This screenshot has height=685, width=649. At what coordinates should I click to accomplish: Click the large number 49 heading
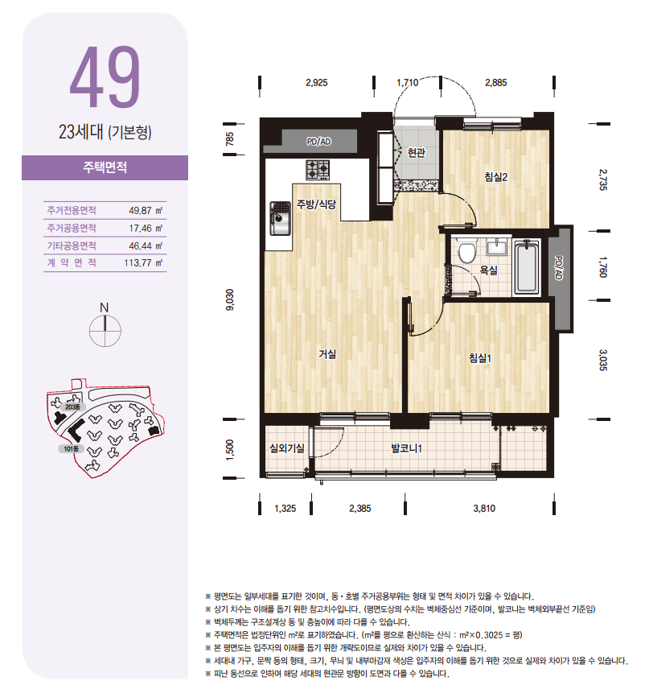point(105,77)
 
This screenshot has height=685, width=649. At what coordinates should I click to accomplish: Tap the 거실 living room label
point(327,354)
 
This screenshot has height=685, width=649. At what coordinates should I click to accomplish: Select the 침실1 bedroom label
point(480,358)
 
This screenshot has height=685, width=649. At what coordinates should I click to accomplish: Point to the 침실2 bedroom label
point(496,177)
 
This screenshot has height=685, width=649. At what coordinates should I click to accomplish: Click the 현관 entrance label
point(416,152)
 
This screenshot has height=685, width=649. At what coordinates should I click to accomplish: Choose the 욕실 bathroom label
point(489,270)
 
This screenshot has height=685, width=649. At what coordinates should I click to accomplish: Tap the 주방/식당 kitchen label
point(316,204)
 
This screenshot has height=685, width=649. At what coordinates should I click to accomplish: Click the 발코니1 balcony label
point(406,448)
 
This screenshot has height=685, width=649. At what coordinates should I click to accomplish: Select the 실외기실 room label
point(287,448)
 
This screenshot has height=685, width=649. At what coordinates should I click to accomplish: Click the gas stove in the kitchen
point(318,170)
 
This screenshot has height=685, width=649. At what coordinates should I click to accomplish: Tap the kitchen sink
point(280,217)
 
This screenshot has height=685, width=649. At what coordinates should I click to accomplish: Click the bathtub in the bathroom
point(527,266)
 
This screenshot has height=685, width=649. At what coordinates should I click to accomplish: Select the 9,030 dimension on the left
point(230,299)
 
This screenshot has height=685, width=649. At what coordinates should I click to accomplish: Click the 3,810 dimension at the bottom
point(484,509)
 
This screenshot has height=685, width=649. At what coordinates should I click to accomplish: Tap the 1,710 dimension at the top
point(407,83)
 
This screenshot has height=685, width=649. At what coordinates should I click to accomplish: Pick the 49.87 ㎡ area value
point(146,211)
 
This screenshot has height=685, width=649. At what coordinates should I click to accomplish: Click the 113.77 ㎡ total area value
point(143,263)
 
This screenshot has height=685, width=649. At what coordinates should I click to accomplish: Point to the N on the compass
point(105,307)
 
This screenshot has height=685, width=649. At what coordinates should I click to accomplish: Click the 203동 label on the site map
point(72,406)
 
